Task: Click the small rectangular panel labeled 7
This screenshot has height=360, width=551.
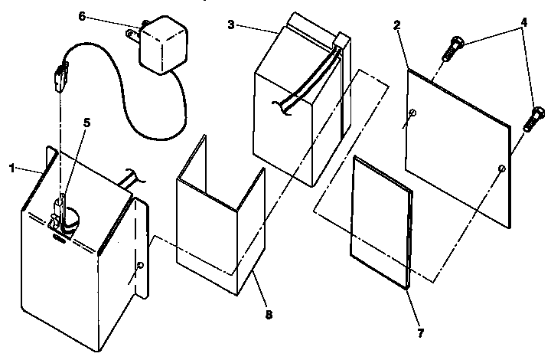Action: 380,222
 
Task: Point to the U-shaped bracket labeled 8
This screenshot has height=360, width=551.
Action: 218,230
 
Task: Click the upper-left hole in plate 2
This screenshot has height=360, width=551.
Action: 412,114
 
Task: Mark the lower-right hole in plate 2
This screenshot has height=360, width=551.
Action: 500,167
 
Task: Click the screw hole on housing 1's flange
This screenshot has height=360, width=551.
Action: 139,265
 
